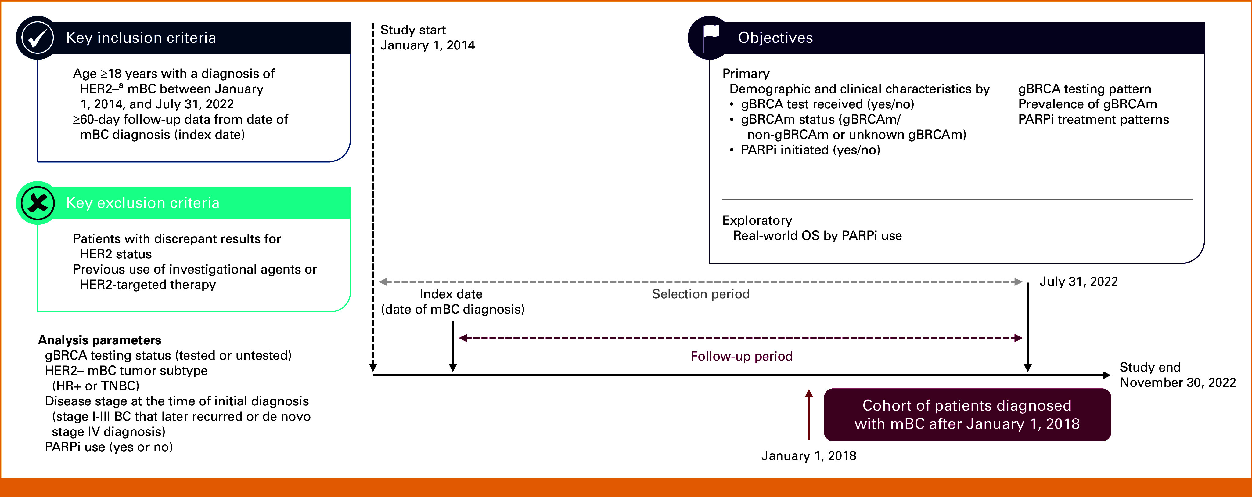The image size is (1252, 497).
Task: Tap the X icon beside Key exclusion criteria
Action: click(x=38, y=203)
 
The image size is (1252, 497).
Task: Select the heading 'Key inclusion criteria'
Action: click(x=141, y=38)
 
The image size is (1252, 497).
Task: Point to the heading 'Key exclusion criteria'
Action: click(x=143, y=203)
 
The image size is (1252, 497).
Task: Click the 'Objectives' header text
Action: click(x=775, y=38)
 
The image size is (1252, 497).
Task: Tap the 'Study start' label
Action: click(x=413, y=30)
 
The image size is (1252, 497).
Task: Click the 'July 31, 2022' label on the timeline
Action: click(x=1078, y=281)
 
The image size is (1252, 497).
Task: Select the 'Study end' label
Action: click(x=1150, y=367)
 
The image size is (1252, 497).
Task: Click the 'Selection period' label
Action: click(x=700, y=294)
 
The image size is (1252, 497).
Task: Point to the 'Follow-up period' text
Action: click(x=741, y=357)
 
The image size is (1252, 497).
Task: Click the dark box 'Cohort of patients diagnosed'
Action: click(x=967, y=414)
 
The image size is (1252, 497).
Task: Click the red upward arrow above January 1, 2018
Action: click(x=809, y=413)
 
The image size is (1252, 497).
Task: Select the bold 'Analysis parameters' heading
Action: click(x=100, y=340)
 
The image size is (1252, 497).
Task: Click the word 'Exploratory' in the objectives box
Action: click(x=757, y=220)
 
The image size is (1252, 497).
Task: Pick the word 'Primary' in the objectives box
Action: click(x=746, y=74)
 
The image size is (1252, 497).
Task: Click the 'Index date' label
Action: click(x=451, y=294)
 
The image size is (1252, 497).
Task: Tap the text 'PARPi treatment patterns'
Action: click(x=1093, y=120)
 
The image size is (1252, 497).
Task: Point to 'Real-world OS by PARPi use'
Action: click(x=817, y=236)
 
